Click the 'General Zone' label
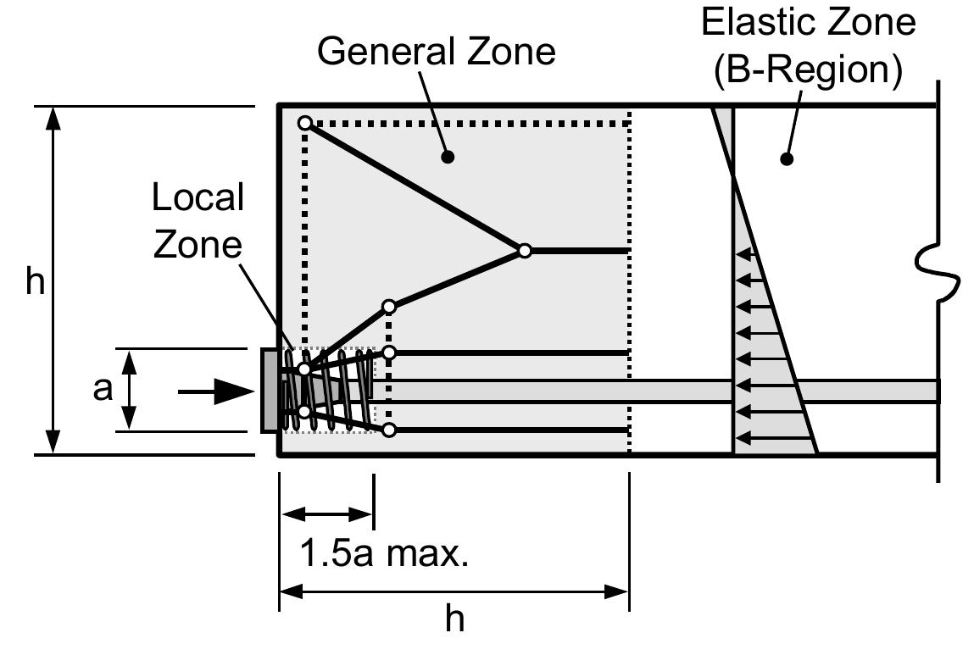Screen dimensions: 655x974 pos(436,51)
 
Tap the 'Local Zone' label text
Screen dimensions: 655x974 pos(198,221)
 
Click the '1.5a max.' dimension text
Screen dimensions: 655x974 pos(384,556)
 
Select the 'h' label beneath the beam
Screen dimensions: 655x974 pos(455,619)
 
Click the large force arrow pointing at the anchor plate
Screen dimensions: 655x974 pos(216,391)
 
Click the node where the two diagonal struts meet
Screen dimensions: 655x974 pos(525,250)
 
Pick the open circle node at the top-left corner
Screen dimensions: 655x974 pos(304,124)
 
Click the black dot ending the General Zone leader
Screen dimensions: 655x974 pos(448,157)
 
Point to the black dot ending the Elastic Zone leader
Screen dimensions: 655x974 pos(786,158)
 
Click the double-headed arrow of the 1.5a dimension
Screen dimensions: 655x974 pos(326,513)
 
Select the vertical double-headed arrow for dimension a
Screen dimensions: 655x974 pos(129,391)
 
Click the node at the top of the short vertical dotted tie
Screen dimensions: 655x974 pos(389,306)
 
